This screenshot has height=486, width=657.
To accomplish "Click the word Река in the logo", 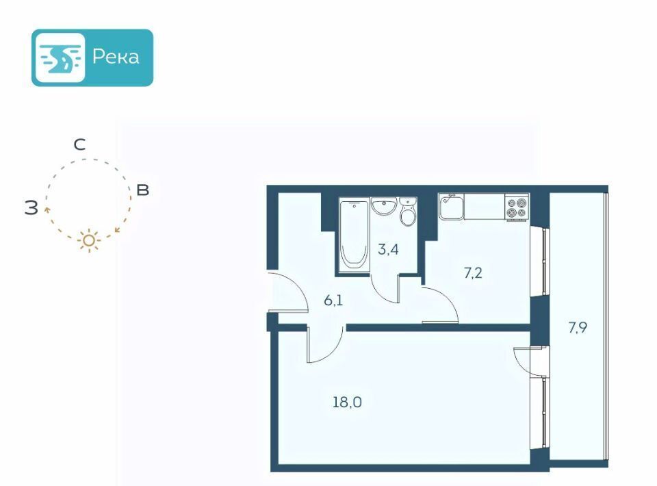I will (x=115, y=57).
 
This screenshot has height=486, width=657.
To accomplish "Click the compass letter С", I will (x=79, y=145).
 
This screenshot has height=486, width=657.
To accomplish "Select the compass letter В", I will (x=142, y=190).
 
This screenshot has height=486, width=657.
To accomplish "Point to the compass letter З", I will (x=31, y=208).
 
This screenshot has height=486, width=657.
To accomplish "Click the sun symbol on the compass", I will (x=89, y=241).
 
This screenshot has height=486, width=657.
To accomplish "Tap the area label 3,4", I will (x=388, y=248).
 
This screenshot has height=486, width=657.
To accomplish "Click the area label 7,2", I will (x=473, y=273).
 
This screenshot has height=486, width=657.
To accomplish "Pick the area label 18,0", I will (x=348, y=402).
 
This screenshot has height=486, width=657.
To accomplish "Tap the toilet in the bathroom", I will (x=408, y=214).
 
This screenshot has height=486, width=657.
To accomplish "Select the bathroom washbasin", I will (x=385, y=206).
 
